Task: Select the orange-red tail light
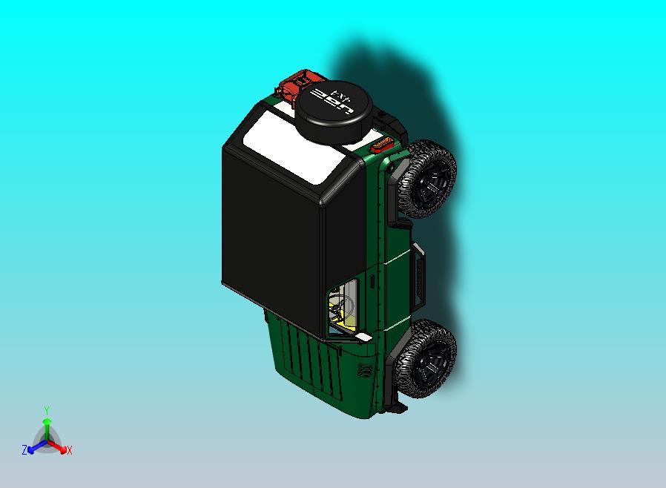383,144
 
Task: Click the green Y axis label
46,410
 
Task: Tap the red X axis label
69,449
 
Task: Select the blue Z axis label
24,449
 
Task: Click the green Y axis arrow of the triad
46,426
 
